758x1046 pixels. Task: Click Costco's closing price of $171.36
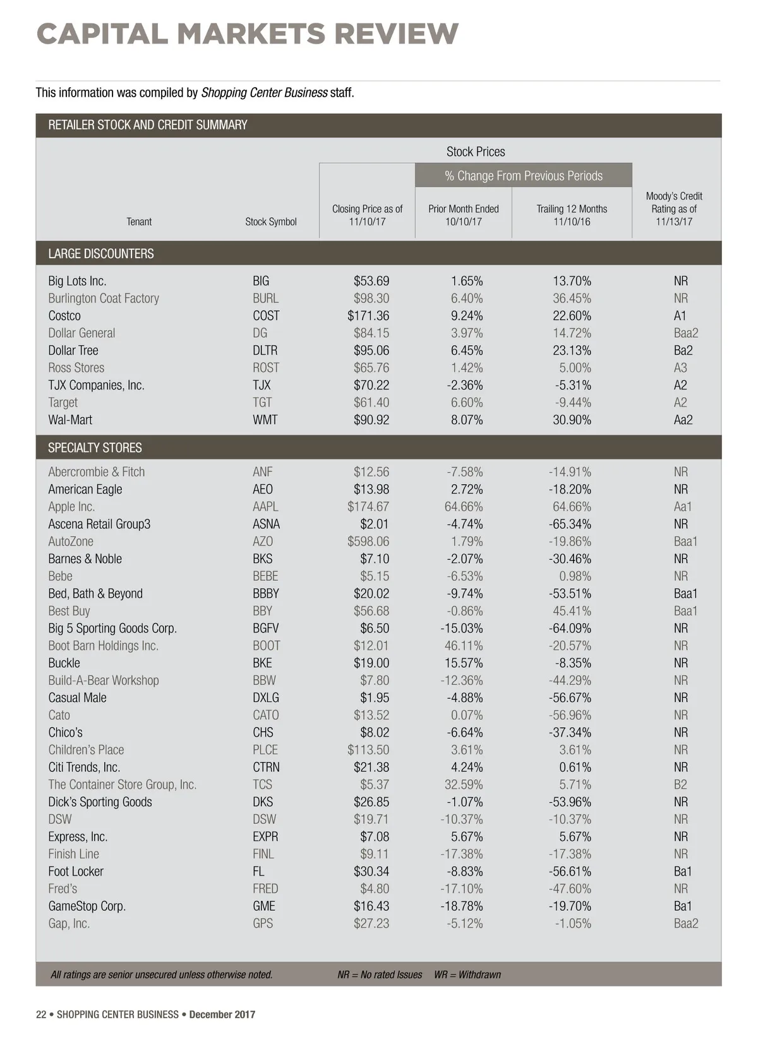point(368,316)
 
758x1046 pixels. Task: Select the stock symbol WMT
point(265,420)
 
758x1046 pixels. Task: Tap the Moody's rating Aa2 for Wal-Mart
point(683,420)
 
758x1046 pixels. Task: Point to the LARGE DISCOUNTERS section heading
point(101,254)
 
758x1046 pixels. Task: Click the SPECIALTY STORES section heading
point(95,448)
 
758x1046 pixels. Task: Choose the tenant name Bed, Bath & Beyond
point(95,593)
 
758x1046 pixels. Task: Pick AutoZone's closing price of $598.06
point(368,542)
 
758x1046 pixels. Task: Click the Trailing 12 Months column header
point(572,215)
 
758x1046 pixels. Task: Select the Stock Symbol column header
point(271,222)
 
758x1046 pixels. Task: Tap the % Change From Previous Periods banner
point(524,175)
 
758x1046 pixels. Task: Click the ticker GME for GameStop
point(264,906)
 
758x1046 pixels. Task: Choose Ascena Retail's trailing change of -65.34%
point(570,524)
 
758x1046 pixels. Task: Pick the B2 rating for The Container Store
point(680,785)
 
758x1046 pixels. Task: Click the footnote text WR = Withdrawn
point(467,975)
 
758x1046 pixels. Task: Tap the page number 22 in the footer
point(41,1014)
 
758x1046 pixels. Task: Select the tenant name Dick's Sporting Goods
point(100,802)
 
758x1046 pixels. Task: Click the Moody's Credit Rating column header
point(674,209)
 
